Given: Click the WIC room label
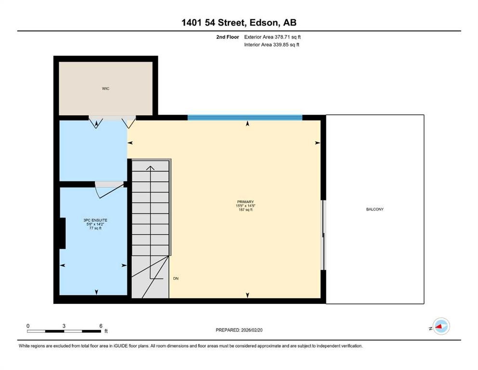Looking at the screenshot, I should tap(105, 89).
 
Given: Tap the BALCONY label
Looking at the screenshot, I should tap(375, 209).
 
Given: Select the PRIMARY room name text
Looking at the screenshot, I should tap(245, 202).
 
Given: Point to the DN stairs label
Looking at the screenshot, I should tap(176, 278).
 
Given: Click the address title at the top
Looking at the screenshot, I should tap(239, 23).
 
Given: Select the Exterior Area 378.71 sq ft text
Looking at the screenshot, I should tap(272, 37).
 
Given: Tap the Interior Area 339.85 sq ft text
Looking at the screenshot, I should tap(272, 45).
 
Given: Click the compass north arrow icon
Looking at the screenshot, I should tap(440, 327).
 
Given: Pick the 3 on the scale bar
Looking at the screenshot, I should tap(64, 326).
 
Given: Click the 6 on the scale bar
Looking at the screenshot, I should tap(101, 326).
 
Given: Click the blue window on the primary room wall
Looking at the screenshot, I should tap(245, 117).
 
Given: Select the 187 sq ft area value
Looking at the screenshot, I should tap(245, 210).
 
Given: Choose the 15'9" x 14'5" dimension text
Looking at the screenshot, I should tap(245, 206).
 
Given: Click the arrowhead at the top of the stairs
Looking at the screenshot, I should tap(150, 168).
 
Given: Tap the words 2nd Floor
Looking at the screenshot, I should tap(228, 37).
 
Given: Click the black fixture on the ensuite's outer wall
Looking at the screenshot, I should tap(62, 233).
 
